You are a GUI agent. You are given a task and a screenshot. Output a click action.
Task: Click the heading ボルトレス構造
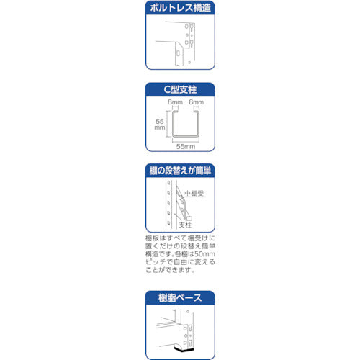pyautogui.click(x=181, y=10)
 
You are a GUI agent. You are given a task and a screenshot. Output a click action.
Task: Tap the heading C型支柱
pyautogui.click(x=181, y=90)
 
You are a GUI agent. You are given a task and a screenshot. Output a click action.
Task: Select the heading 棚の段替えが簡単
pyautogui.click(x=181, y=171)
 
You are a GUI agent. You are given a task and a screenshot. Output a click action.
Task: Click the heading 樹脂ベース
pyautogui.click(x=181, y=297)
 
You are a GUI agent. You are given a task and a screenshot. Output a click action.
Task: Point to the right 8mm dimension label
pyautogui.click(x=194, y=103)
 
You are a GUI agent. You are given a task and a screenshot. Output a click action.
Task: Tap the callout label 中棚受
pyautogui.click(x=195, y=192)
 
